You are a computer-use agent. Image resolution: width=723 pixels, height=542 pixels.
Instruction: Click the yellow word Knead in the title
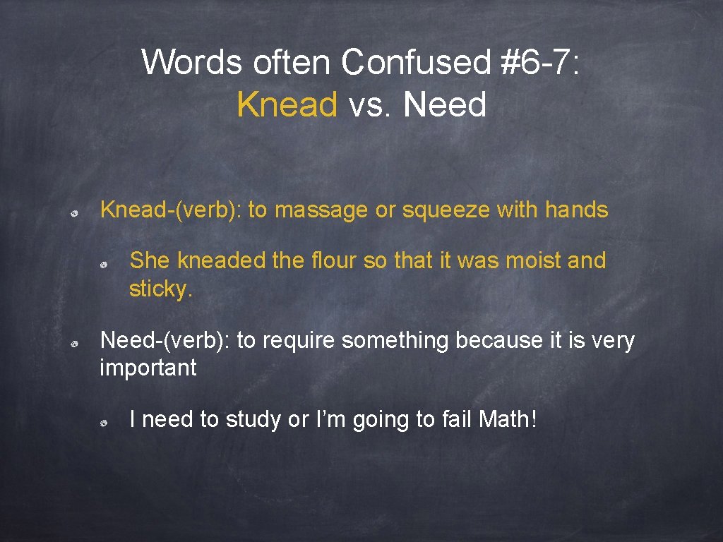pos(287,105)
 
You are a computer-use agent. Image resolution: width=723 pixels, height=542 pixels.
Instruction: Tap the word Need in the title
pos(446,105)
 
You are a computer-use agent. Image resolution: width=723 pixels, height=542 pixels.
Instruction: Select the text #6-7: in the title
pos(540,62)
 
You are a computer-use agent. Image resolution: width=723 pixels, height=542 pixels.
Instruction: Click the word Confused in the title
pos(416,62)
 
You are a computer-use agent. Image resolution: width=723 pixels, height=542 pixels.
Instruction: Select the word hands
pos(576,210)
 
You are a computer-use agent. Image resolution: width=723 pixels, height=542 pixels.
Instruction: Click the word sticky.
pos(160,289)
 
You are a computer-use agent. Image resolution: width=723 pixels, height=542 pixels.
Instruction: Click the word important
pos(148,368)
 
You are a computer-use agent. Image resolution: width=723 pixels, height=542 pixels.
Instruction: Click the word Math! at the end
pos(508,419)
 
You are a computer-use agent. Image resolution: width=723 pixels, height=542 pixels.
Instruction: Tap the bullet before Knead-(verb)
pos(74,212)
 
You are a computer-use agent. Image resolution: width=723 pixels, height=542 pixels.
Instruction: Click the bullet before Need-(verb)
pos(74,343)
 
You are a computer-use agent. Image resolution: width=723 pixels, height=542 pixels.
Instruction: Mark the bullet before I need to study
pos(103,422)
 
